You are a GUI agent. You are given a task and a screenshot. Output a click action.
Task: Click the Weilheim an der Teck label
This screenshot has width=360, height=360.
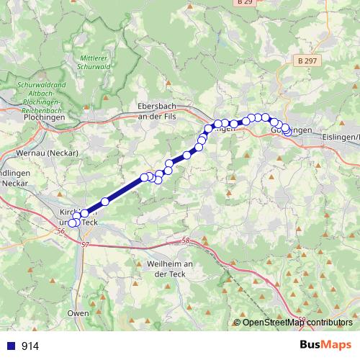(x=166, y=270)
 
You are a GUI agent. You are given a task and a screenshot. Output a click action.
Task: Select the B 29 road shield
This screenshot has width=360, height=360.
(x=244, y=4)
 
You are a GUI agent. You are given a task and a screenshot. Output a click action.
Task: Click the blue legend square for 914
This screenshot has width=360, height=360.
(x=10, y=346)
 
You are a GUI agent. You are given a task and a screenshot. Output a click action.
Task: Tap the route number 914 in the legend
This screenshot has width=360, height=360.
(x=30, y=346)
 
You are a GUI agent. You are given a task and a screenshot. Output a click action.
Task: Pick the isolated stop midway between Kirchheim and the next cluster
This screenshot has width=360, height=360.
(x=105, y=202)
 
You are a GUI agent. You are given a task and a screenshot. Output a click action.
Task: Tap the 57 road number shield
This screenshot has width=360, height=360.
(x=87, y=246)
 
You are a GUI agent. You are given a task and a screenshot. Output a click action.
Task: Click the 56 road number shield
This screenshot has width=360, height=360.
(x=59, y=231)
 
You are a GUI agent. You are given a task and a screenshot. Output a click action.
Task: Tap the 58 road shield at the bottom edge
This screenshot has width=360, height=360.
(x=302, y=318)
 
